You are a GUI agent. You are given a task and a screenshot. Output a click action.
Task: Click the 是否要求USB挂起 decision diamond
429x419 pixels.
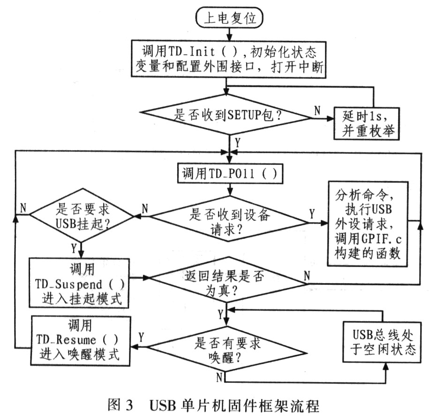pyautogui.click(x=82, y=215)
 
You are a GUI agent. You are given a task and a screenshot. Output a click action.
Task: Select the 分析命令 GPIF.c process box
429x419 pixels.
pyautogui.click(x=367, y=223)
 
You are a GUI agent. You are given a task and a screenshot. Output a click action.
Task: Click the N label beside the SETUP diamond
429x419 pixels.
pyautogui.click(x=317, y=110)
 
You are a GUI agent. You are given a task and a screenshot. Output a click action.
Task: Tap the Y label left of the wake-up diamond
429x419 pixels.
pyautogui.click(x=141, y=337)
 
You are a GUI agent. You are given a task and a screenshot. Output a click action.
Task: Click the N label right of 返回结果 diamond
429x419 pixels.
pyautogui.click(x=307, y=276)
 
